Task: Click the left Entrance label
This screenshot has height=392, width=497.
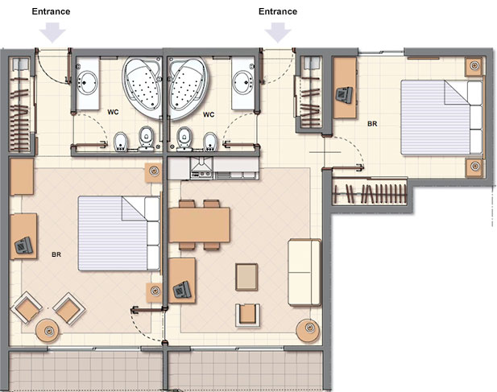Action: [51, 12]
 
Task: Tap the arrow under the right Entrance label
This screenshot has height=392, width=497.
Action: [278, 32]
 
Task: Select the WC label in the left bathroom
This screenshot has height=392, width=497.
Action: [113, 112]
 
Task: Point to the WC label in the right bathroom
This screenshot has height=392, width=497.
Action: [209, 114]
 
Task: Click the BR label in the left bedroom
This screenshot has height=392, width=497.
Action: [56, 254]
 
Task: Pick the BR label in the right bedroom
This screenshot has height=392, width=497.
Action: [372, 124]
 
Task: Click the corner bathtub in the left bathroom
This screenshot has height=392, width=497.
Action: [143, 88]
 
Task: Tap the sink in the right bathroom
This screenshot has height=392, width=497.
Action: [243, 81]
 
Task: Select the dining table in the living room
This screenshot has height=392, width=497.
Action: [200, 225]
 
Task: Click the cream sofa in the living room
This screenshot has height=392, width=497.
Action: [304, 272]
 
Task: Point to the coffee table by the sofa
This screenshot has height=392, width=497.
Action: [246, 277]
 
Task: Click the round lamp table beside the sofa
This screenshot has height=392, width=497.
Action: [308, 330]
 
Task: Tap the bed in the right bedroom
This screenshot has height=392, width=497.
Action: [441, 118]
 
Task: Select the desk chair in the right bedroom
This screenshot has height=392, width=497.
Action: [344, 94]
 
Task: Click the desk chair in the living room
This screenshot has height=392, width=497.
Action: [182, 290]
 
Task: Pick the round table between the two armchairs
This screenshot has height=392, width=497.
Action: [48, 331]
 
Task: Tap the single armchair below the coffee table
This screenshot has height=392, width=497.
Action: [248, 315]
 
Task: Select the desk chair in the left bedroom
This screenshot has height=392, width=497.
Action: [23, 245]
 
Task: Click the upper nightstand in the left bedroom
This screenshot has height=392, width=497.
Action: [154, 173]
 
